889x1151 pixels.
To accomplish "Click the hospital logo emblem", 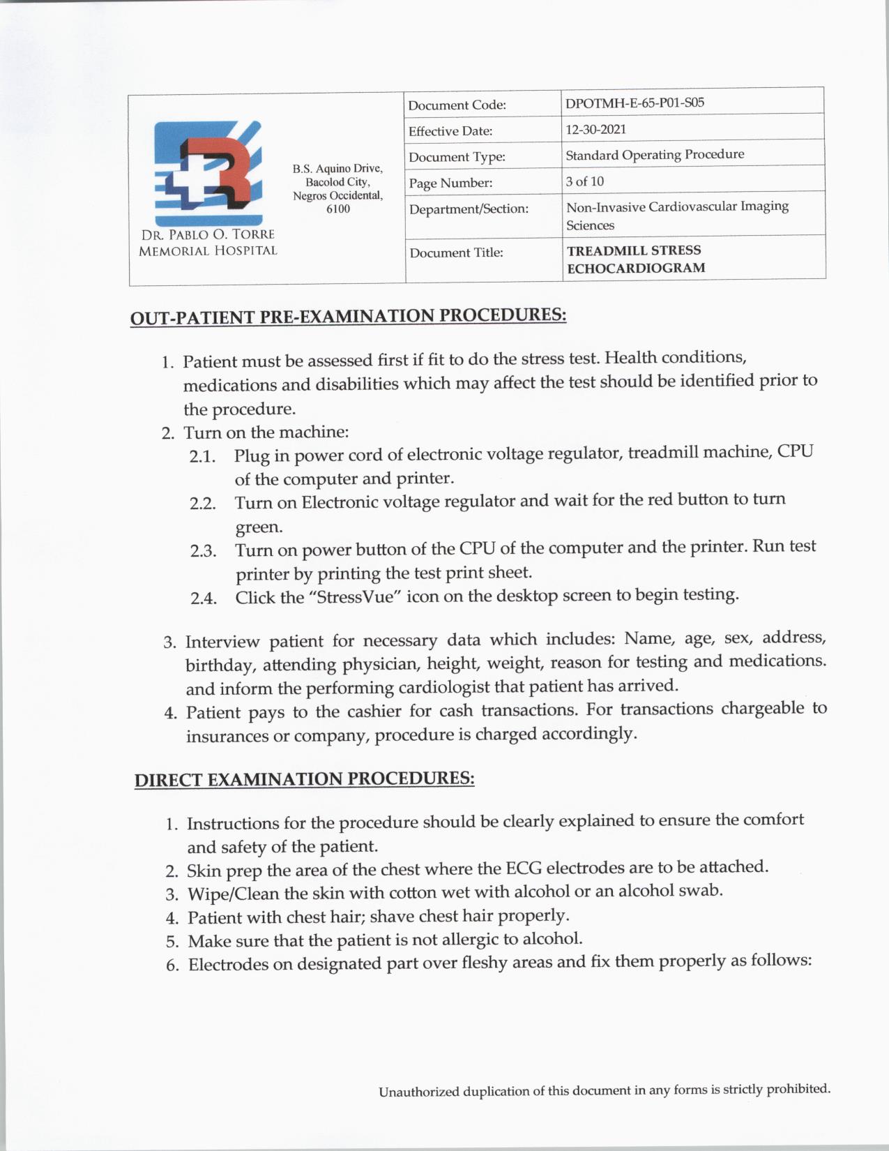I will (208, 171).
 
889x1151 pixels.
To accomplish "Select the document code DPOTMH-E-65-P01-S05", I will (635, 103).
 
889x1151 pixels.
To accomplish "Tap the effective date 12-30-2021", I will (595, 129).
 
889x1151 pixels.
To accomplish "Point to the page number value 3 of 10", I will (584, 181).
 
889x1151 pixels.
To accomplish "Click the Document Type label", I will (457, 157).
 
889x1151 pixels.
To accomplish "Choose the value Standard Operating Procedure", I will (654, 154).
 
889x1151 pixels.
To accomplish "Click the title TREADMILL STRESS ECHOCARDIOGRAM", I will (635, 259).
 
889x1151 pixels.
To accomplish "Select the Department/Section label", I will (469, 209).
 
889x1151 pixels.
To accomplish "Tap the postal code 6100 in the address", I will (338, 209).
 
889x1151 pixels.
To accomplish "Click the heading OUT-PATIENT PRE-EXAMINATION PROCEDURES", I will (348, 316).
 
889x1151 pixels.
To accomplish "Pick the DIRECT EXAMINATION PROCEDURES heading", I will (304, 779).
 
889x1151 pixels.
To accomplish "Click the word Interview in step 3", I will (222, 642).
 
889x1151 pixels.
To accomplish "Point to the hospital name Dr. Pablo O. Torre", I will (208, 234).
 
